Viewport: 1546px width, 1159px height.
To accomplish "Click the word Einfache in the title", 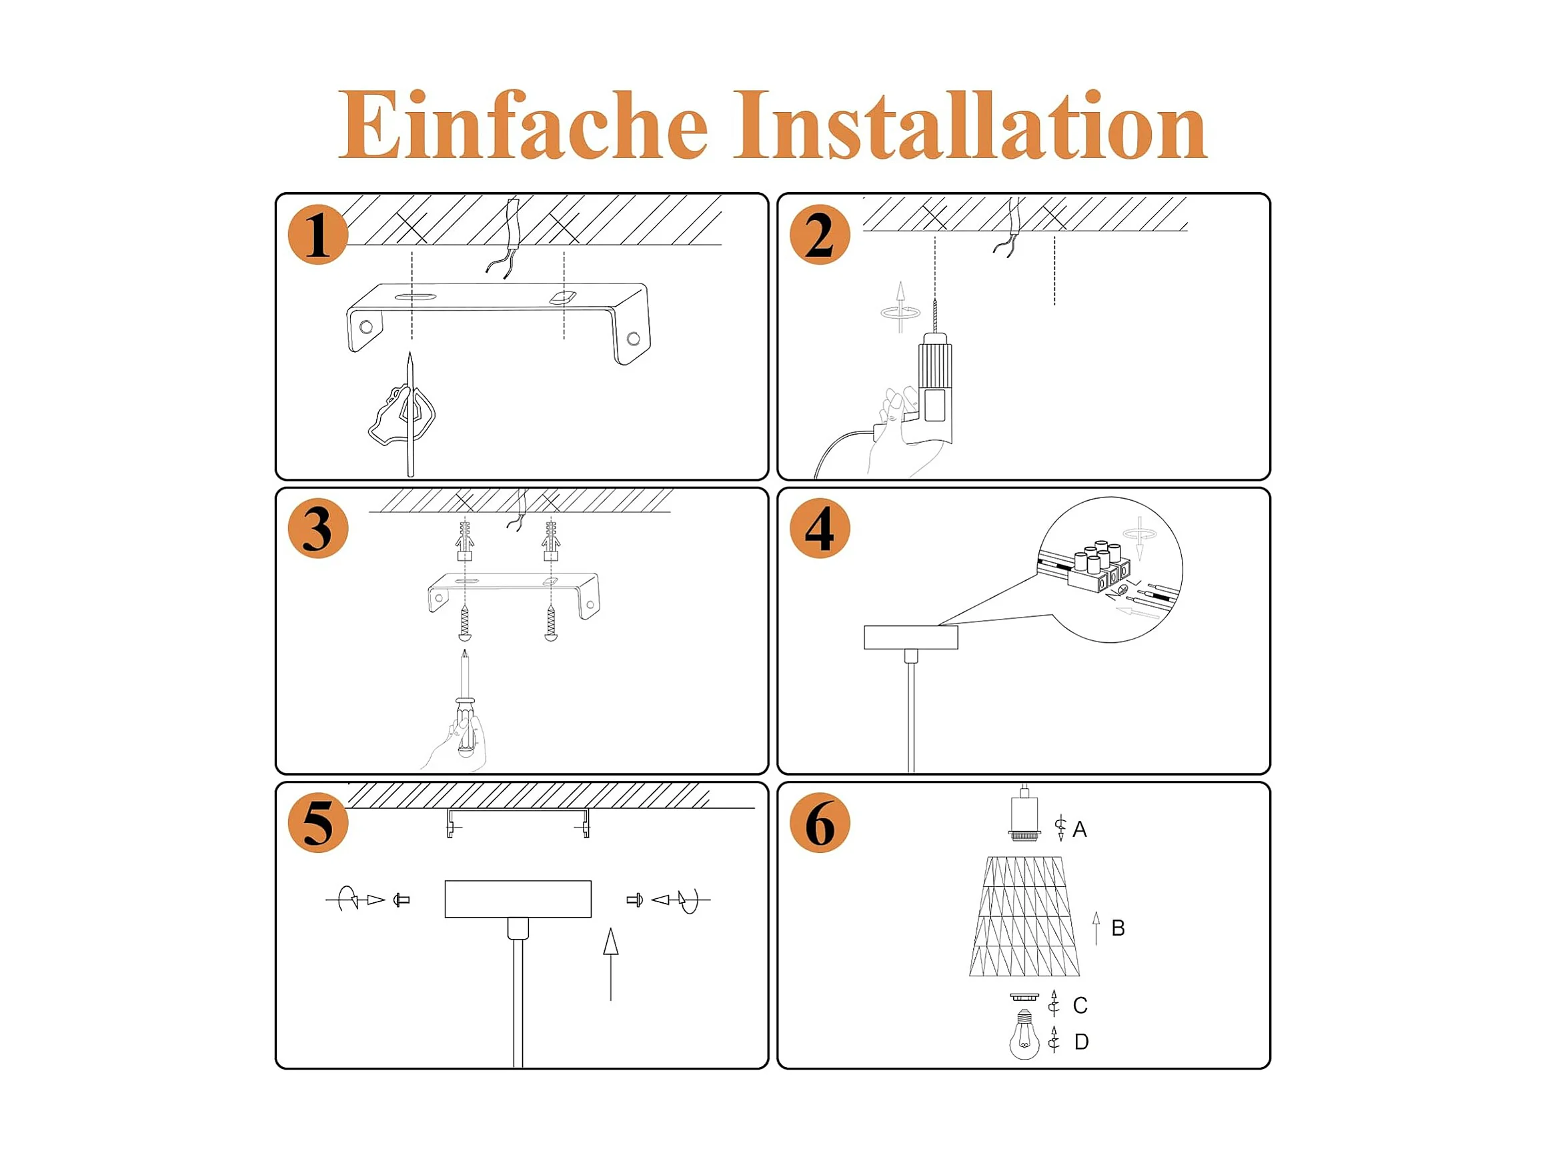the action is click(523, 125).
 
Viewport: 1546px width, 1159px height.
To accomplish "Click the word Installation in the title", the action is click(970, 125).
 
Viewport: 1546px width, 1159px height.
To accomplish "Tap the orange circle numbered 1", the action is click(318, 235).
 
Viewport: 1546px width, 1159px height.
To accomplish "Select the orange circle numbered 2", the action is click(820, 235).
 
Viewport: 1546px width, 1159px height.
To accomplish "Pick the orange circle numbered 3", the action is click(318, 529).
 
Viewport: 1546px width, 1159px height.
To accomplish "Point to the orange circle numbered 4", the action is click(820, 529).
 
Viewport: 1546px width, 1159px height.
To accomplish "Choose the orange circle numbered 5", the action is click(318, 823).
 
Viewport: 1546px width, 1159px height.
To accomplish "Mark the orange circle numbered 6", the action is click(820, 823).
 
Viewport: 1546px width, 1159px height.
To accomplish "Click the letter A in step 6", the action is click(1080, 830).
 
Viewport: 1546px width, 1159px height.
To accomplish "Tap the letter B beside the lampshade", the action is click(1118, 928).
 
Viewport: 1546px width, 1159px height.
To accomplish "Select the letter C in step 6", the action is click(1080, 1006).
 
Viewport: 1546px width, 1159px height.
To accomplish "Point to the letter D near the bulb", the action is click(1081, 1042).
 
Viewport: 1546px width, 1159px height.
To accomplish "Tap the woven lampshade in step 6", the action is click(1024, 916).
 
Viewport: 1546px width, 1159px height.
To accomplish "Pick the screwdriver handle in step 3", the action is click(466, 727).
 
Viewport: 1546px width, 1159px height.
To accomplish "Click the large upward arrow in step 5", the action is click(611, 964).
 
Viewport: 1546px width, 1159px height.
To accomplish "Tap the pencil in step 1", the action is click(410, 414).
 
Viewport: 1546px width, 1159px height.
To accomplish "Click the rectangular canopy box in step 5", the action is click(518, 899).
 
